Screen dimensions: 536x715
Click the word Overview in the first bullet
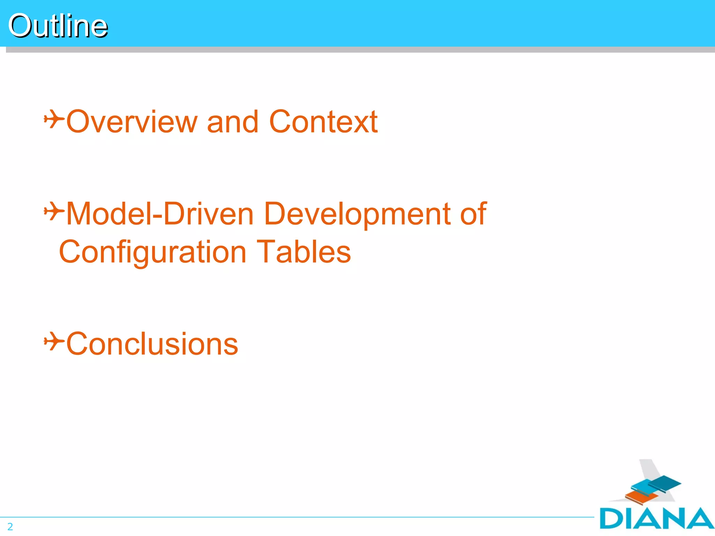tap(132, 122)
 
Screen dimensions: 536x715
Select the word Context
tap(323, 122)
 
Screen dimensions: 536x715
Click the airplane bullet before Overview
tap(54, 119)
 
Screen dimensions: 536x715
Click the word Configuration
tap(153, 252)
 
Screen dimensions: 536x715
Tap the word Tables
tap(303, 252)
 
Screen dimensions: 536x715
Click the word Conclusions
tap(152, 344)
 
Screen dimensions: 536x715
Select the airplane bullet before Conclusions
tap(54, 341)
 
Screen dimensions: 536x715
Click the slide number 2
tap(10, 527)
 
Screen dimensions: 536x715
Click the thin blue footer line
tap(297, 517)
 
